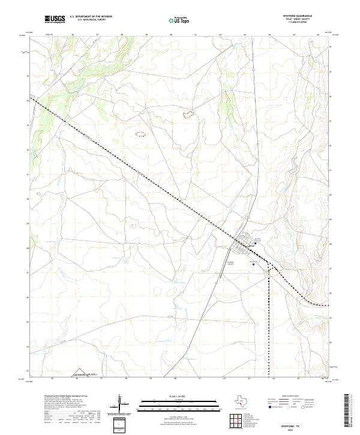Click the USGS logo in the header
click(x=55, y=19)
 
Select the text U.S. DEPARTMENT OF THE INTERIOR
click(x=91, y=17)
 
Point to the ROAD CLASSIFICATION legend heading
click(x=283, y=397)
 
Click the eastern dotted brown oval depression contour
click(x=189, y=113)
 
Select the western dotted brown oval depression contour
click(x=141, y=134)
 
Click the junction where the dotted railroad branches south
click(x=268, y=264)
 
